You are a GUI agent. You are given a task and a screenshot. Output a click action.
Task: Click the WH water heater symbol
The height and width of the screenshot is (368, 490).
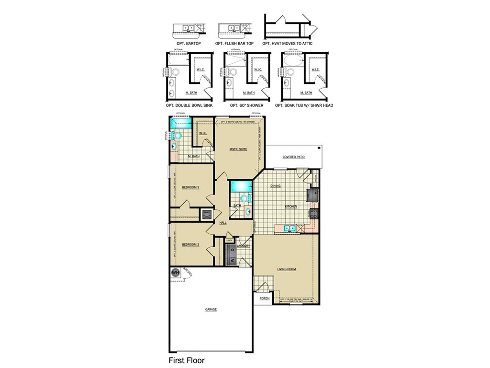[175, 272]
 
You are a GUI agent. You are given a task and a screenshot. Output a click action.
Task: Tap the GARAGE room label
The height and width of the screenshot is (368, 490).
[211, 310]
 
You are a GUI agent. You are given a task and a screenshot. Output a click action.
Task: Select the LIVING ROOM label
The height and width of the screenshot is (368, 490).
[287, 269]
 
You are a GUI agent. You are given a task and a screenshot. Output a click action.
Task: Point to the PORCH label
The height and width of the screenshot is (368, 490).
[265, 299]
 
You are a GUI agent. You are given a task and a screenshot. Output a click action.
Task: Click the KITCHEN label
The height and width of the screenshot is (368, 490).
[291, 207]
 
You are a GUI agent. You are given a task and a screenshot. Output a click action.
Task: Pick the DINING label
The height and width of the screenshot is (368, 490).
[276, 186]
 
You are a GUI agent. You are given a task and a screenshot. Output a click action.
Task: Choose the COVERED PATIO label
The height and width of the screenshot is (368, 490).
[293, 157]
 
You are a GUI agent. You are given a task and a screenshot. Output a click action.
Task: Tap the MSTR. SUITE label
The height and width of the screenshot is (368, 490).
[238, 150]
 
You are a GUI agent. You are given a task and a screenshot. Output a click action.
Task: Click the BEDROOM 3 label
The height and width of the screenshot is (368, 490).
[191, 187]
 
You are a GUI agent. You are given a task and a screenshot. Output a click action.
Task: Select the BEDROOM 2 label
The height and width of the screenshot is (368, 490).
[191, 244]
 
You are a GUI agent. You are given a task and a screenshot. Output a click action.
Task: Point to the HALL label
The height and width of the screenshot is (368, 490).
[223, 223]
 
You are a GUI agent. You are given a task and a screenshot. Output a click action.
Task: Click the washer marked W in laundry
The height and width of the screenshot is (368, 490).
[232, 260]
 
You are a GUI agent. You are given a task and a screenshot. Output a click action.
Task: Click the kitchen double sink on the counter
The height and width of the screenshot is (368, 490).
[289, 229]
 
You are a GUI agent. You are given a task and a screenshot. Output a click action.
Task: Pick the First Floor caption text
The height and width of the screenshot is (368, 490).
[187, 360]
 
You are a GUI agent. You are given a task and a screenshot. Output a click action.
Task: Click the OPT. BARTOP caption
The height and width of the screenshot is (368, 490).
[187, 44]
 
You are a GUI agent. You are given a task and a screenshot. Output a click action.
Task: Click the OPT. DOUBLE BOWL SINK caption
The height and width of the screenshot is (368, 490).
[189, 105]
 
